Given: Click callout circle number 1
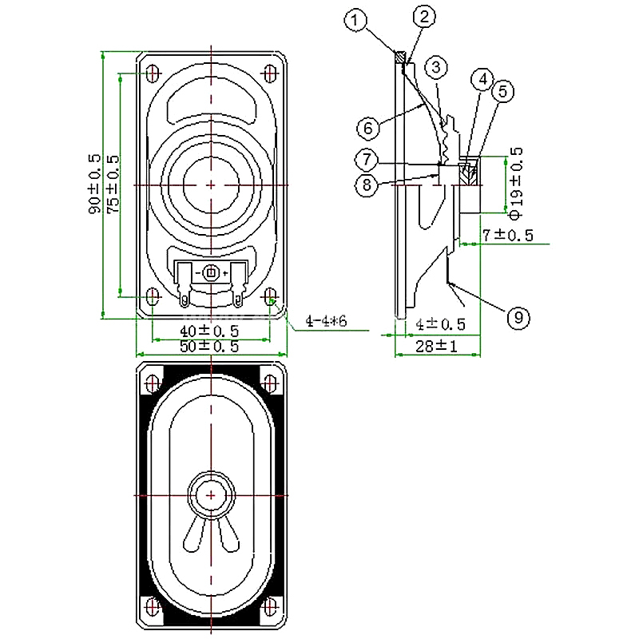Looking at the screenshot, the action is [355, 19].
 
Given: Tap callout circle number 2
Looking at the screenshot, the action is [424, 17].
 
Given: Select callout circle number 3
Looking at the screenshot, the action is [436, 67].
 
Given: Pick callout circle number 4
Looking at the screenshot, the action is [482, 79].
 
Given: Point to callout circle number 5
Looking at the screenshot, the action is [503, 91].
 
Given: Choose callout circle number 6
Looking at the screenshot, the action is [368, 128].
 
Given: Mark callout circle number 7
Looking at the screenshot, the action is [367, 159].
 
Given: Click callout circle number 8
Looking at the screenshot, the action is [367, 185].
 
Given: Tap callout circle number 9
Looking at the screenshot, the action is [518, 317].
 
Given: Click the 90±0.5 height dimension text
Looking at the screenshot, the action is [94, 184].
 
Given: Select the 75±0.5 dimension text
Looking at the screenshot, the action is [113, 184].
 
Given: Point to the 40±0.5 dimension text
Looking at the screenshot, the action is [209, 331].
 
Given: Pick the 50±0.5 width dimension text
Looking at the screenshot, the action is [209, 347].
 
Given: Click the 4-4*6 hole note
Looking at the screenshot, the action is [326, 322].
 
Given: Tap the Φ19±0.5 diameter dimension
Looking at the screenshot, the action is [515, 184].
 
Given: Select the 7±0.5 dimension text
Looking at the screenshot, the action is [508, 235].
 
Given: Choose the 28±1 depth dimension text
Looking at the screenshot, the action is [436, 347].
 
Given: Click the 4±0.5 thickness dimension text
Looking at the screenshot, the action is [440, 324].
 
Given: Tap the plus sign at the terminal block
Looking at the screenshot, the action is [225, 273].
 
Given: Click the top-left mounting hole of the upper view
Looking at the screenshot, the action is [153, 73].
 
